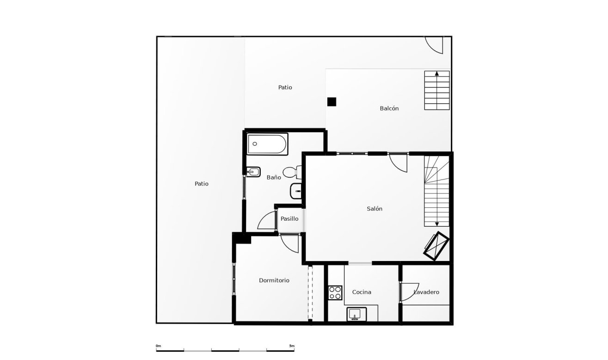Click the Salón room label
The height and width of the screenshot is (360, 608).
tap(375, 209)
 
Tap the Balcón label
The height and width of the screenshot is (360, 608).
tap(389, 108)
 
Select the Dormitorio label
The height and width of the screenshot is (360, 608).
tap(274, 280)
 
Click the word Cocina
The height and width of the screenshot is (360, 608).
tap(362, 292)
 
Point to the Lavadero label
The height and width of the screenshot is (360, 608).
tap(426, 292)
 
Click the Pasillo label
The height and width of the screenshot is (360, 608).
tap(289, 219)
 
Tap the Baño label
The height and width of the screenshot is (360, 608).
tap(274, 177)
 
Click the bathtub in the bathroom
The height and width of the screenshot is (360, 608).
tap(267, 144)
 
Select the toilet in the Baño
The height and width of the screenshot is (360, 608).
tap(291, 173)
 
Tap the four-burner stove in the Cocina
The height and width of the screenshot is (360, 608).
tap(335, 293)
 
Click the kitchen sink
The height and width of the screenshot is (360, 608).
tap(356, 314)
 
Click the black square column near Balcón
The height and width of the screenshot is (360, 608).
tap(332, 102)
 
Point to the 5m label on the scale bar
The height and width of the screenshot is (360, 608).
tap(291, 346)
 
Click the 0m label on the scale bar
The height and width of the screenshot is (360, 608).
tap(158, 346)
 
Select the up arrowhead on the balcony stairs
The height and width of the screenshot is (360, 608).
tap(437, 73)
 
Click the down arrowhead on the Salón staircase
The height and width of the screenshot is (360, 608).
tap(437, 224)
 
